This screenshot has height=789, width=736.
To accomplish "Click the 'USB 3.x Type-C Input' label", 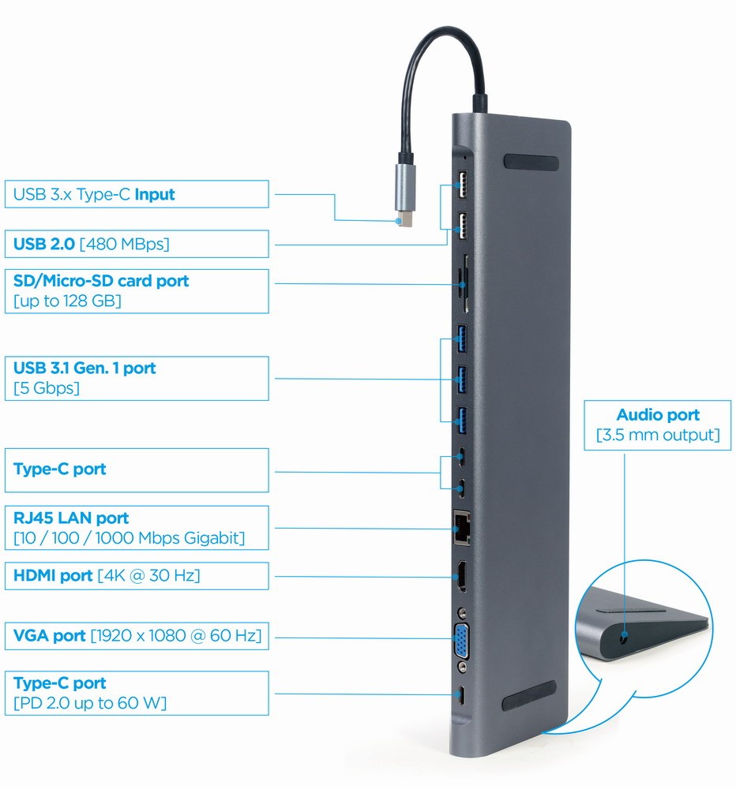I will coord(94,194).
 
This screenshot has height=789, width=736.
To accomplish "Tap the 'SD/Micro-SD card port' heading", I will coord(101,281).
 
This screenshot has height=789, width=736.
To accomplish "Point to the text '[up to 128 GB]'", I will coord(67,301).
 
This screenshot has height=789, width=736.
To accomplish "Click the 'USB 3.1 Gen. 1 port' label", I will coord(84,368).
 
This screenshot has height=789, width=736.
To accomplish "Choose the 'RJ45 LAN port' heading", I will coord(71,518).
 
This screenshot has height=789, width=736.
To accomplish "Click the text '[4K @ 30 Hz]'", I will coord(148,575).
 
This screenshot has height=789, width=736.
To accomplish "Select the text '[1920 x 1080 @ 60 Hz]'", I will coord(176,635).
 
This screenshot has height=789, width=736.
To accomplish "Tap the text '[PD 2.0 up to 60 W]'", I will coord(90,703).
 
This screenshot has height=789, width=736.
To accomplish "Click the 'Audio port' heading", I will coord(658,415).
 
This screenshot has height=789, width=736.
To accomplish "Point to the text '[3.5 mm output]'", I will coord(658,435).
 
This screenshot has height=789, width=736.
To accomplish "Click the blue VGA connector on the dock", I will coord(460,640).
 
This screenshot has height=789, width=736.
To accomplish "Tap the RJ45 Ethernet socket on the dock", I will coord(460,525).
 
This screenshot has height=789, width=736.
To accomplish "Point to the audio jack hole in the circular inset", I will coord(625,635).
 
